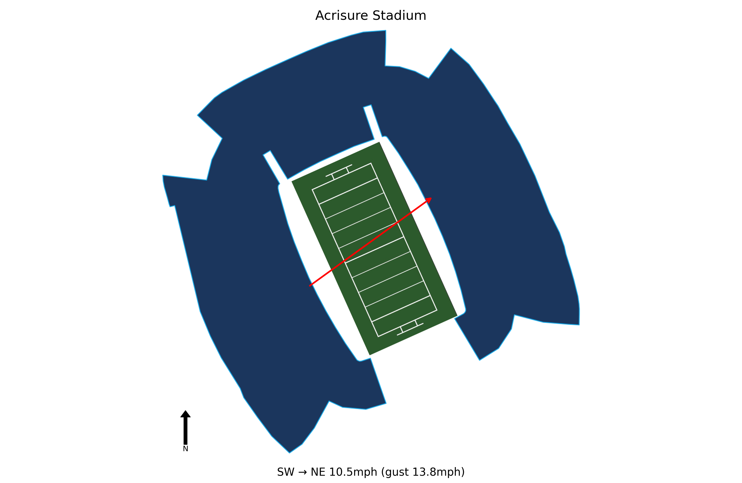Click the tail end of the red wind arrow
tap(310, 286)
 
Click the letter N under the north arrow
tap(185, 449)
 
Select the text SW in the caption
tap(286, 472)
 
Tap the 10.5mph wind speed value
tap(353, 472)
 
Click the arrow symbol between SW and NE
tap(303, 472)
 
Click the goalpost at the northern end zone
tap(339, 171)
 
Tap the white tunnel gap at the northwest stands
tap(275, 167)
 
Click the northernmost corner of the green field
tap(379, 142)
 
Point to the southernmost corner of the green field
tap(370, 355)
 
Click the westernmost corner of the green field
tap(292, 181)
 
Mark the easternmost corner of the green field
tap(457, 316)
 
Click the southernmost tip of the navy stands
tap(289, 453)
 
